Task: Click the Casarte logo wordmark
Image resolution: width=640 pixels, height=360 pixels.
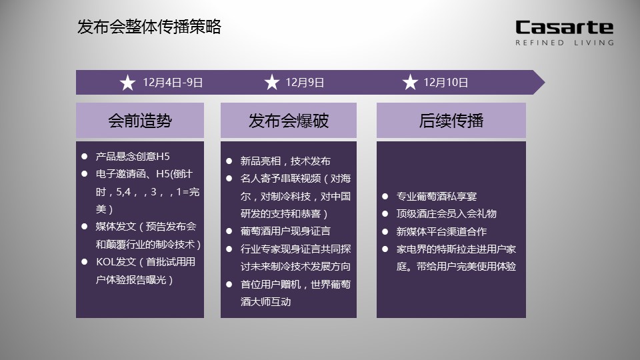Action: [565, 27]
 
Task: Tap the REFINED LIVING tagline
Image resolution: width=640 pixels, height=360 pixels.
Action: [565, 43]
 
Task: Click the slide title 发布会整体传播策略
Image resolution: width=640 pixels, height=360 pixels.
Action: [149, 27]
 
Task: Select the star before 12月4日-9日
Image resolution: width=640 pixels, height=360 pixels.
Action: [128, 83]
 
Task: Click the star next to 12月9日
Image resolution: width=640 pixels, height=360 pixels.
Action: [272, 82]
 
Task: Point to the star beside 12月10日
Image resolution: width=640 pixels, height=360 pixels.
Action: [410, 82]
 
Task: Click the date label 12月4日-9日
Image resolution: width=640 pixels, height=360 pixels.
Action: [173, 83]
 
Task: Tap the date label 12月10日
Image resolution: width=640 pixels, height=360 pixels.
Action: [446, 83]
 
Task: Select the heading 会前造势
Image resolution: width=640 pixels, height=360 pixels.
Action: [140, 121]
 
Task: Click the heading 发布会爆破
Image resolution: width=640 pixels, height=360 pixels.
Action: [289, 121]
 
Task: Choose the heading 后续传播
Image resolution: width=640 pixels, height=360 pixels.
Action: [451, 121]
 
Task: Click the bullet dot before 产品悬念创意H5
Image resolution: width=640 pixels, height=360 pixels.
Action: [85, 156]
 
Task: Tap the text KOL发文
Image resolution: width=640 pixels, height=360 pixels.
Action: [116, 261]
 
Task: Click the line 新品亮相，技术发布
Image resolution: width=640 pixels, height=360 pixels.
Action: [285, 161]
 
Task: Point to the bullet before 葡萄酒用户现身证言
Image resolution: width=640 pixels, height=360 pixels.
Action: [229, 231]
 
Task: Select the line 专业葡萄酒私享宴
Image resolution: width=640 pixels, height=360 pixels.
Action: [436, 196]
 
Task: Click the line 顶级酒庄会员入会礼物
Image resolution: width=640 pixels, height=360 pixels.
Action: [446, 213]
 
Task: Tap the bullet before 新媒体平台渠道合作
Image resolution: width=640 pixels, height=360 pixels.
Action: [385, 231]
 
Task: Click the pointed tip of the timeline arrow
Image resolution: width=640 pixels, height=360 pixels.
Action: [545, 82]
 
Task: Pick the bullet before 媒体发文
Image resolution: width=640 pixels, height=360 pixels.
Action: [85, 226]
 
